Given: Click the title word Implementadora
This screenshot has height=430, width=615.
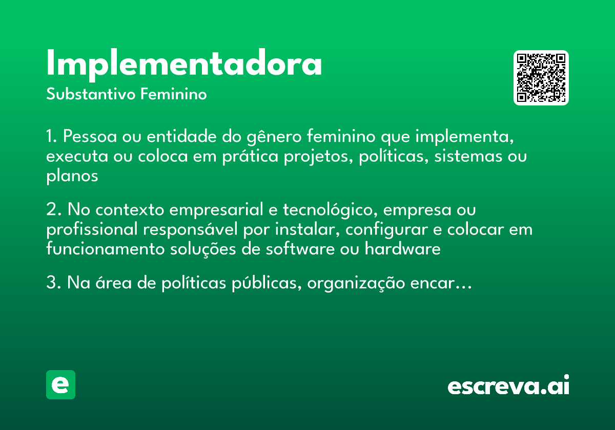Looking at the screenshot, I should [184, 64].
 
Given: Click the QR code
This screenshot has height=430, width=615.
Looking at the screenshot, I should [541, 78].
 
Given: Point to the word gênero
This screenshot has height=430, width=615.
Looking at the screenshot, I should [267, 138].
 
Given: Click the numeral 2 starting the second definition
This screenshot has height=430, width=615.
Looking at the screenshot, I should [51, 210].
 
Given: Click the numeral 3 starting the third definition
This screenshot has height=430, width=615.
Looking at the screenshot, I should [51, 283].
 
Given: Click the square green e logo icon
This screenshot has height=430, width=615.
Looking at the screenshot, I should [60, 384].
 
